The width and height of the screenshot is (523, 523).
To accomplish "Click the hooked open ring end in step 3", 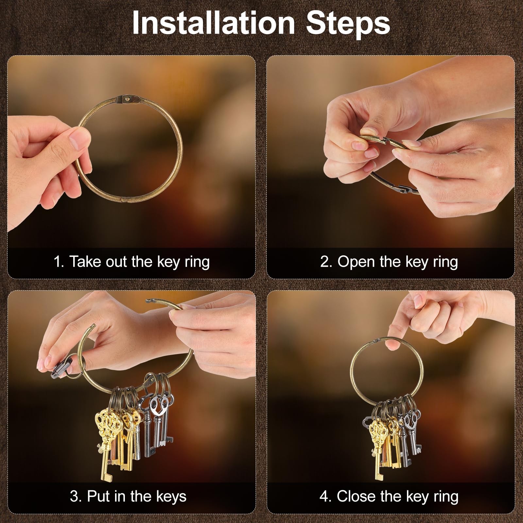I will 154,300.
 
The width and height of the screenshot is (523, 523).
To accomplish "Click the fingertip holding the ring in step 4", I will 391,343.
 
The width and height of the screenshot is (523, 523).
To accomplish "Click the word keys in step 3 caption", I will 171,496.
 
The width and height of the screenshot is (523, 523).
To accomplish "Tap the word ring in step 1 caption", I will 197,262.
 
